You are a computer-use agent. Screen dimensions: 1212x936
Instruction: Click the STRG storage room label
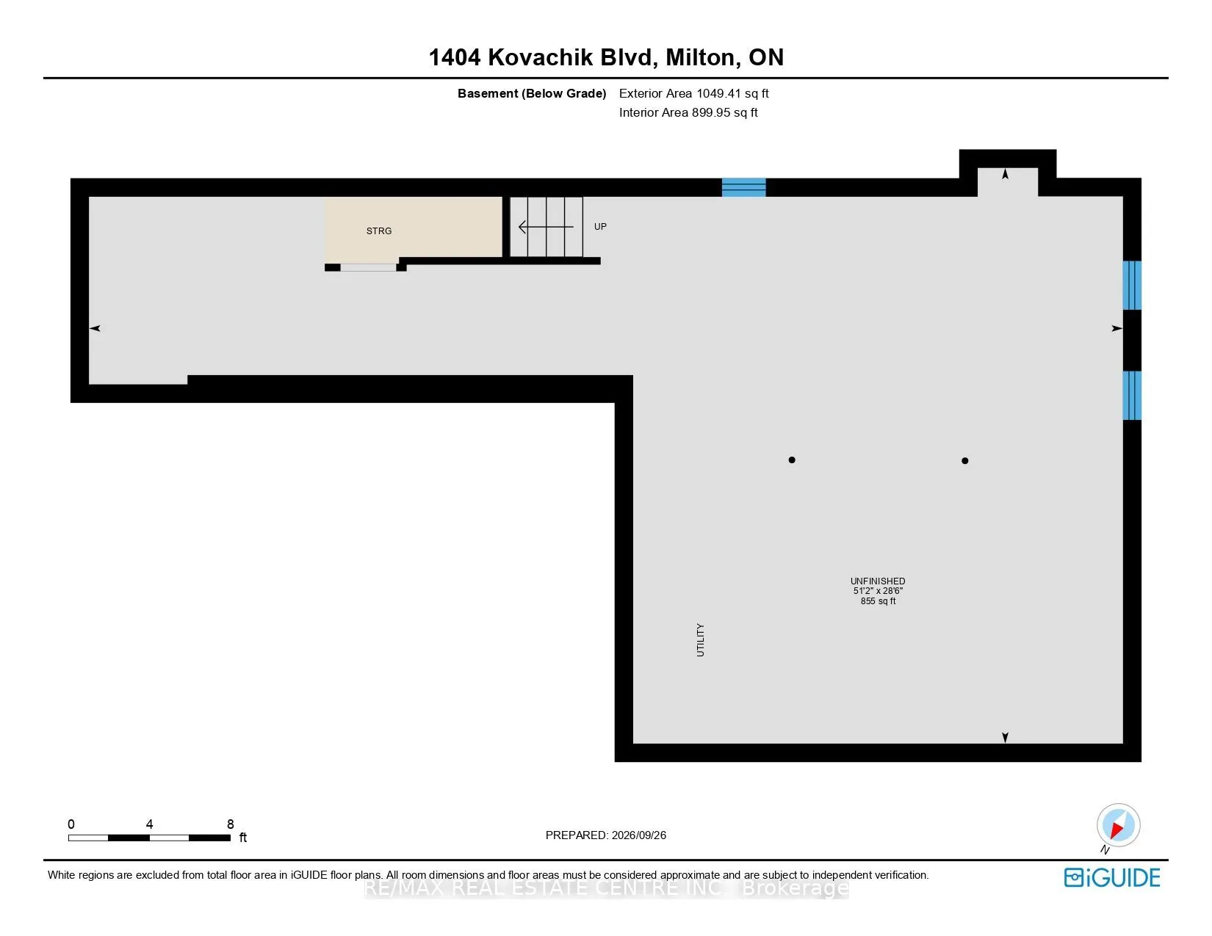click(379, 231)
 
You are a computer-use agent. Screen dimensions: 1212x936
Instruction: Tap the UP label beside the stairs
click(600, 226)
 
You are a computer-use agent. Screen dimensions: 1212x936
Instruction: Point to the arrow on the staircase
click(546, 227)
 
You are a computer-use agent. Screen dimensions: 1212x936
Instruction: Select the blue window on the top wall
click(743, 187)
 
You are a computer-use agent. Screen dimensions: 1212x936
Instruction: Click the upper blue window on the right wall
click(1132, 285)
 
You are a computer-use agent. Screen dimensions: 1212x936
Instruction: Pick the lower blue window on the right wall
click(1132, 395)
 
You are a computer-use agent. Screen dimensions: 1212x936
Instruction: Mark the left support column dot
click(791, 460)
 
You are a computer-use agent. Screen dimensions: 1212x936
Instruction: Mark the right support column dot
click(965, 460)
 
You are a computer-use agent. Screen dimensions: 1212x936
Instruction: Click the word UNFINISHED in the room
click(877, 581)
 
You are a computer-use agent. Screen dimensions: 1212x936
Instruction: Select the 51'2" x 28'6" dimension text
click(877, 591)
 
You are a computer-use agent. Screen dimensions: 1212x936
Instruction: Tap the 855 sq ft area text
click(878, 601)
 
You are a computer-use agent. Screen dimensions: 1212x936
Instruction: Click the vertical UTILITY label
click(701, 640)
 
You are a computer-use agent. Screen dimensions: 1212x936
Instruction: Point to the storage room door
click(368, 268)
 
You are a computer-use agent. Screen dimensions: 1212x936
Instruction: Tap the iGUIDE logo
click(1111, 877)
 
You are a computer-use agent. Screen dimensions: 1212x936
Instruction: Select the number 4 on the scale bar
click(149, 824)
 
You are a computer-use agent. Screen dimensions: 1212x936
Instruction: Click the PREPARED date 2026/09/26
click(638, 835)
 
